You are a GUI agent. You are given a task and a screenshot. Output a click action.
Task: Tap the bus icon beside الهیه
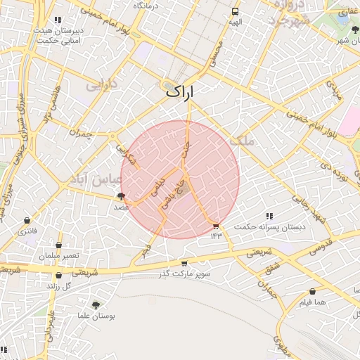(x=235, y=12)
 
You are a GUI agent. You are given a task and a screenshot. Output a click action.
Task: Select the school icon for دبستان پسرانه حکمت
(x=269, y=216)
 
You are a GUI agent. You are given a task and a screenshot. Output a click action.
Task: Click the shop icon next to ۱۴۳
(x=216, y=226)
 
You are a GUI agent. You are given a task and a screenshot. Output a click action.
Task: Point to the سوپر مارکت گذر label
(x=185, y=273)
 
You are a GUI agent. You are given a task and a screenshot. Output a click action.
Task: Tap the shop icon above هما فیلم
(x=312, y=292)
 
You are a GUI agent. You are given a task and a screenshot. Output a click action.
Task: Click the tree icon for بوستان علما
(x=96, y=305)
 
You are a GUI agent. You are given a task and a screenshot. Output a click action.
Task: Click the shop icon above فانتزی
(x=27, y=221)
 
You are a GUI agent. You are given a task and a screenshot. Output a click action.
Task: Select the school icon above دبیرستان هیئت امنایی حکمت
(x=58, y=20)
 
